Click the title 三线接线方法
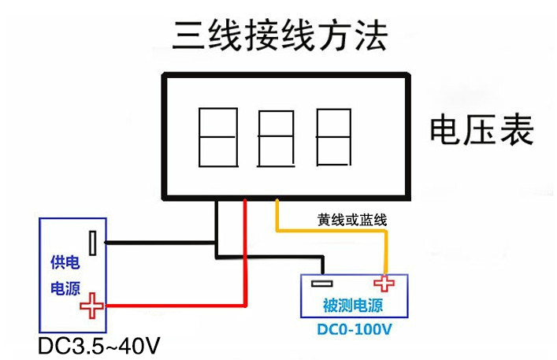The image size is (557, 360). click(x=280, y=35)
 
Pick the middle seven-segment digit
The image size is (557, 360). click(x=277, y=139)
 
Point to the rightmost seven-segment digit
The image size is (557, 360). click(x=333, y=138)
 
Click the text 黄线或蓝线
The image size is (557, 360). click(x=352, y=219)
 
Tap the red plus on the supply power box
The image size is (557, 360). click(x=93, y=306)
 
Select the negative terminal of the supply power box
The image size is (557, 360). click(x=94, y=243)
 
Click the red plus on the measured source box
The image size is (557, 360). click(x=384, y=284)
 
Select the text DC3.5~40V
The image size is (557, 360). click(x=99, y=346)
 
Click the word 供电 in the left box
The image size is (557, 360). click(x=65, y=263)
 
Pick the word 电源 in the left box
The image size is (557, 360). click(x=65, y=288)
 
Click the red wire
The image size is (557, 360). click(x=245, y=260)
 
